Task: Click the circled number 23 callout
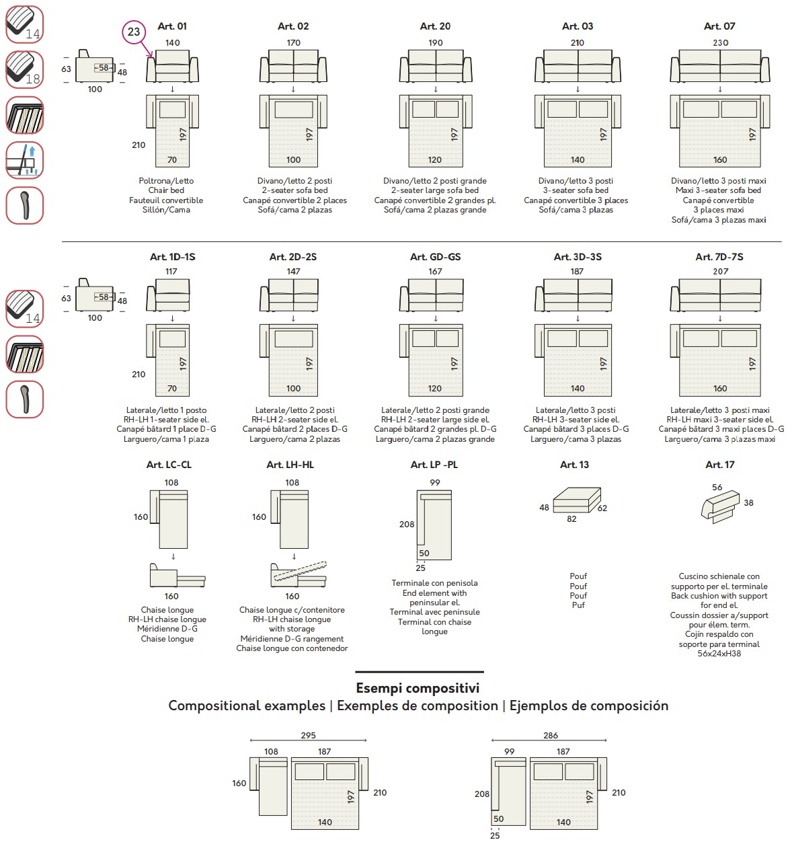pyautogui.click(x=134, y=32)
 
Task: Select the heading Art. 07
pyautogui.click(x=719, y=26)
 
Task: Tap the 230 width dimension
pyautogui.click(x=720, y=42)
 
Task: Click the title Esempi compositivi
pyautogui.click(x=418, y=688)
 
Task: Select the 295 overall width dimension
pyautogui.click(x=309, y=735)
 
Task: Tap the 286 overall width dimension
pyautogui.click(x=551, y=735)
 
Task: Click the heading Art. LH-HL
pyautogui.click(x=290, y=465)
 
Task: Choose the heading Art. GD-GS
pyautogui.click(x=435, y=257)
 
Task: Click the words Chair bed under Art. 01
pyautogui.click(x=166, y=190)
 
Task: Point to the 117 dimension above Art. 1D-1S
pyautogui.click(x=171, y=272)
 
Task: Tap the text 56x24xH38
pyautogui.click(x=719, y=654)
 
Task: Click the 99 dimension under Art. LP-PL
pyautogui.click(x=435, y=482)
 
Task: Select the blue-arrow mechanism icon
pyautogui.click(x=25, y=160)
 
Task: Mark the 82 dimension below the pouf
pyautogui.click(x=572, y=519)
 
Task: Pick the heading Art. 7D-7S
pyautogui.click(x=719, y=257)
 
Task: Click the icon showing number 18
pyautogui.click(x=25, y=69)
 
